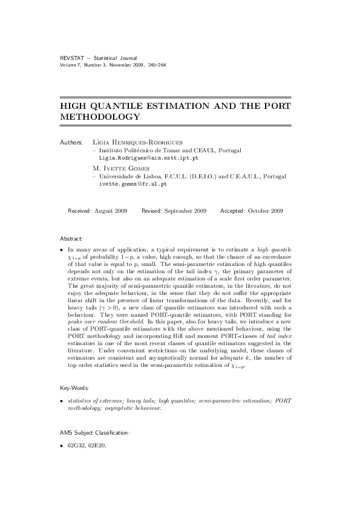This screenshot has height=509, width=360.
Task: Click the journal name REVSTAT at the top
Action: pos(71,57)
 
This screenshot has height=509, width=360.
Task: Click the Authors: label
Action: pos(72,143)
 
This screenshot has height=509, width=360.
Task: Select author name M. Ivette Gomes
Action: pos(123,167)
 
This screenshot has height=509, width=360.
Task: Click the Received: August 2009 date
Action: pos(97,211)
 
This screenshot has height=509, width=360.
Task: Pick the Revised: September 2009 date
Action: pos(174,211)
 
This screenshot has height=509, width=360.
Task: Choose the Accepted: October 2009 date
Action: pos(252,211)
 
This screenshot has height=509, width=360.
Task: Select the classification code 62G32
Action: pos(76,448)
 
